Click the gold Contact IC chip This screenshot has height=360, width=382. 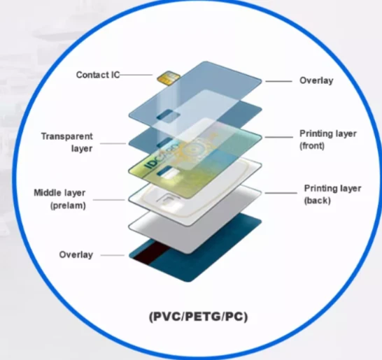coord(169,78)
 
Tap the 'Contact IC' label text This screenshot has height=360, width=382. coord(98,75)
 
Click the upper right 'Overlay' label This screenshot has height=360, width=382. coord(316,81)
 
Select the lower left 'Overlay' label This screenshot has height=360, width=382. coord(76,255)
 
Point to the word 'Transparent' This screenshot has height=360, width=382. coord(67,136)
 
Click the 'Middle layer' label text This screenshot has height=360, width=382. coord(59,192)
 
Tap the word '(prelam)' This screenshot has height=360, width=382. coord(68,206)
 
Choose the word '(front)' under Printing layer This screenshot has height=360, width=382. coord(312,146)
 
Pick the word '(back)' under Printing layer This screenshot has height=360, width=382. coord(318,201)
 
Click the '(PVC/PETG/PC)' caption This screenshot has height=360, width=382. coord(198,317)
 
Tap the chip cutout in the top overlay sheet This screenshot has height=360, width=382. coord(168,115)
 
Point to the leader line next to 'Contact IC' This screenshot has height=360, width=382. coord(136,75)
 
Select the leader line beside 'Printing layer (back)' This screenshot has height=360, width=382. coord(281,193)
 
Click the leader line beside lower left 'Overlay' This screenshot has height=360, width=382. coord(113,255)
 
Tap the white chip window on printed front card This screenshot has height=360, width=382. coord(171,174)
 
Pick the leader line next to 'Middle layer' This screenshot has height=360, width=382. coord(109,200)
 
